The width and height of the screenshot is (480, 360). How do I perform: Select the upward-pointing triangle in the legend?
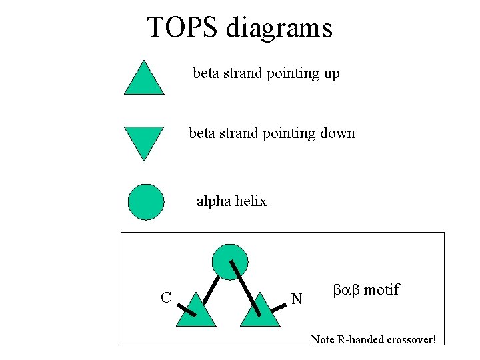pos(144,79)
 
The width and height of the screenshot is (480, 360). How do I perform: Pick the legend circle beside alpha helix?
pos(145,201)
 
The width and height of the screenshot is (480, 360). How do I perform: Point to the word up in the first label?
pos(331,74)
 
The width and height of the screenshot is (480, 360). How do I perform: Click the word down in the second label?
pos(337,133)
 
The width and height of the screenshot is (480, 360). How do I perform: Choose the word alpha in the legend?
pos(213,201)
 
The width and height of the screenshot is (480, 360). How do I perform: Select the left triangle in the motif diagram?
pos(196,313)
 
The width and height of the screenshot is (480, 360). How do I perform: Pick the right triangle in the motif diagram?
pos(259,313)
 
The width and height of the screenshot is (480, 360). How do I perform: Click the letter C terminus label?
pos(166,297)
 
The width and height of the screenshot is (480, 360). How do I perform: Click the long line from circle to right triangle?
pos(244,287)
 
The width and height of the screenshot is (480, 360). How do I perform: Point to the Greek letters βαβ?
pos(345,290)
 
